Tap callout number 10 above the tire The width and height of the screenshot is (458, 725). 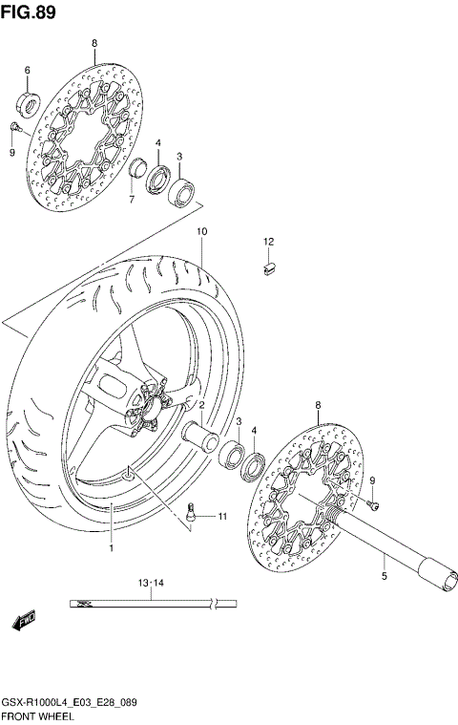(201, 231)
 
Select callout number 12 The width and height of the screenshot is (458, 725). (269, 241)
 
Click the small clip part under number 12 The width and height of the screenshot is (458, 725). (269, 268)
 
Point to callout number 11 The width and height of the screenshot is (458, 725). (222, 517)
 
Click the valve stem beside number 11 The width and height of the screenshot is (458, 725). (195, 512)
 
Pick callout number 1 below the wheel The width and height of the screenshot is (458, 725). (111, 549)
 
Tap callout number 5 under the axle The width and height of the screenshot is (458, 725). (384, 577)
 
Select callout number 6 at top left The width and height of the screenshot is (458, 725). (27, 71)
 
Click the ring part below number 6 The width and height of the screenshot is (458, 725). (28, 101)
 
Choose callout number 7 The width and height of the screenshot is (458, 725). (133, 200)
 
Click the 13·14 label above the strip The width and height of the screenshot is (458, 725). (151, 582)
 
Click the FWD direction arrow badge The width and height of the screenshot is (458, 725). (24, 620)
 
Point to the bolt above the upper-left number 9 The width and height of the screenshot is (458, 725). (15, 126)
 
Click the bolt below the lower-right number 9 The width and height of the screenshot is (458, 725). (373, 502)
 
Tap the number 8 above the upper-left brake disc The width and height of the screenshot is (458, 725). (94, 44)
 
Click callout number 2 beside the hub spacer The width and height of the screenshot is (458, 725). (202, 406)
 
